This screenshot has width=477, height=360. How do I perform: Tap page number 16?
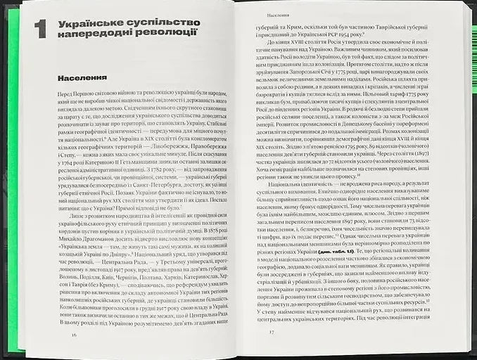74,335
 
